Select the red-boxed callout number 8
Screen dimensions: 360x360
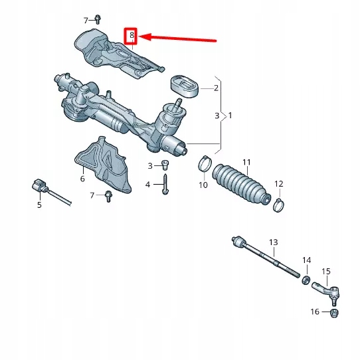132,35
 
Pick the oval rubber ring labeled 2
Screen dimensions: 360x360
183,86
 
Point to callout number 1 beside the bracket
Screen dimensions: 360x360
230,116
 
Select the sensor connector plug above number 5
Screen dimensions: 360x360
41,187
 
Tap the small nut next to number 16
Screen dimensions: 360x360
334,312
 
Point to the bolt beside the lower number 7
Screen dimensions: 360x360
108,194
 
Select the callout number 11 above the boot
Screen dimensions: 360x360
246,162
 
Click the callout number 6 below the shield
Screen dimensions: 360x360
82,179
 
